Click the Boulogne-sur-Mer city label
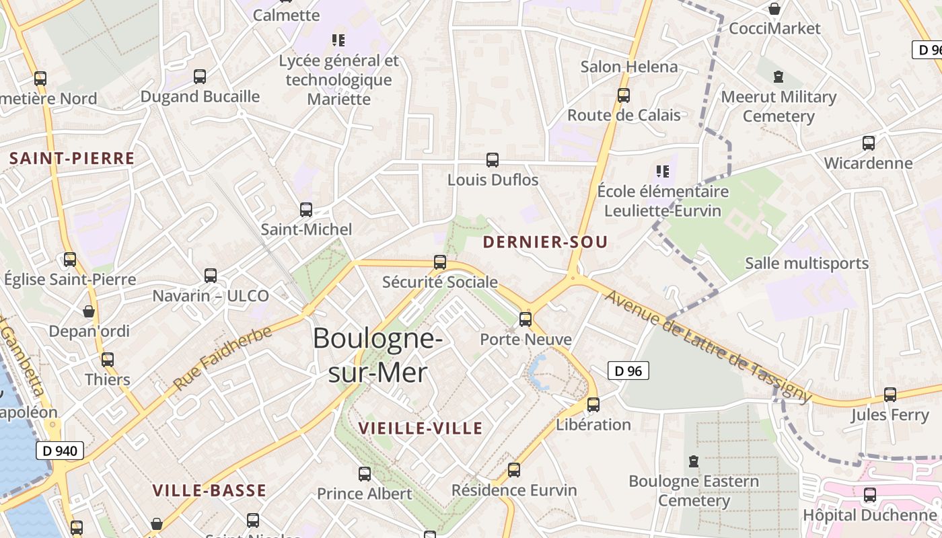(x=377, y=354)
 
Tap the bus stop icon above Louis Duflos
(x=493, y=160)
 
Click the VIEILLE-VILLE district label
(x=421, y=428)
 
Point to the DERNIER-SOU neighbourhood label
(x=545, y=242)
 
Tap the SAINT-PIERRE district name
(x=72, y=159)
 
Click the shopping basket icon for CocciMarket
(x=774, y=9)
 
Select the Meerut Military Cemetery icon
(x=778, y=77)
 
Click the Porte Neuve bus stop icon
(x=526, y=319)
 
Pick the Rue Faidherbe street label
(x=223, y=358)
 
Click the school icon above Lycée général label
(x=338, y=40)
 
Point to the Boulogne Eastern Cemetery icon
(x=694, y=462)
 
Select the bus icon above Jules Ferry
(x=890, y=395)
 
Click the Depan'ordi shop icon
(x=89, y=311)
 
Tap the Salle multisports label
(x=807, y=263)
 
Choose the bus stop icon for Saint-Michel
(x=306, y=210)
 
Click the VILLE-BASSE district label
(x=209, y=490)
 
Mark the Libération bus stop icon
(x=593, y=405)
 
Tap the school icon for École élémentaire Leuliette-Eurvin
(x=663, y=171)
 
